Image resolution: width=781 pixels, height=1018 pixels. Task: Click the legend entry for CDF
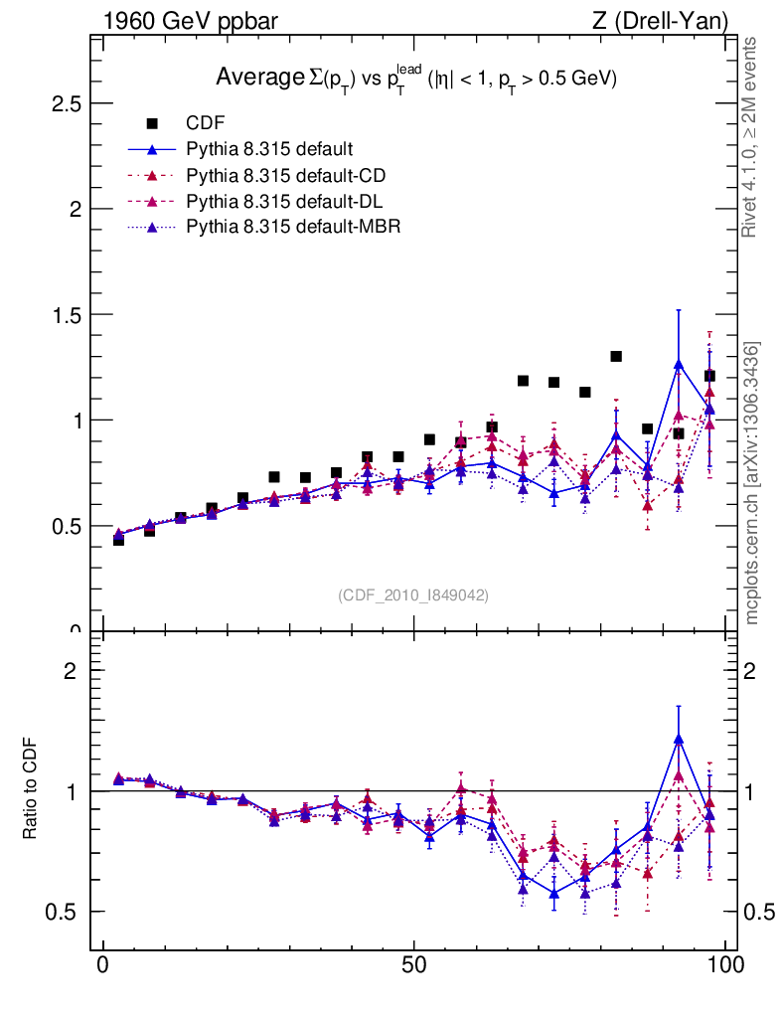pos(206,123)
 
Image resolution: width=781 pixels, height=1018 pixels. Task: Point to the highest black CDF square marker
pos(616,356)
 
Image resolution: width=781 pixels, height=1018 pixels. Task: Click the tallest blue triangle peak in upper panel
pos(679,364)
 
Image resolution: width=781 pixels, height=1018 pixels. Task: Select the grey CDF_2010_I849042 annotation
pos(413,594)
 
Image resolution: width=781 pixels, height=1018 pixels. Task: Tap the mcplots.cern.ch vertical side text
pos(752,482)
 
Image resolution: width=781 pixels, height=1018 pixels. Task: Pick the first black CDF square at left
pos(118,540)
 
